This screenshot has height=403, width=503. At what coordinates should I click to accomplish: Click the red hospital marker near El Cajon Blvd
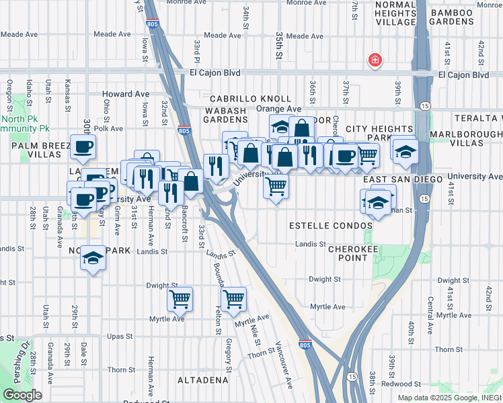coord(375,60)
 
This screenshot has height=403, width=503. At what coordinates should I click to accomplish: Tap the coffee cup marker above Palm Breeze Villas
coord(83,147)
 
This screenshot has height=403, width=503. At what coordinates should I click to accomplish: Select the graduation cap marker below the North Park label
coord(93,259)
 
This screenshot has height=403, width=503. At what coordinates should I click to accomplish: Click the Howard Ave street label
coord(126,94)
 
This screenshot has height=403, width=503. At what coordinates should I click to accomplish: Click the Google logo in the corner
coord(22,395)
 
